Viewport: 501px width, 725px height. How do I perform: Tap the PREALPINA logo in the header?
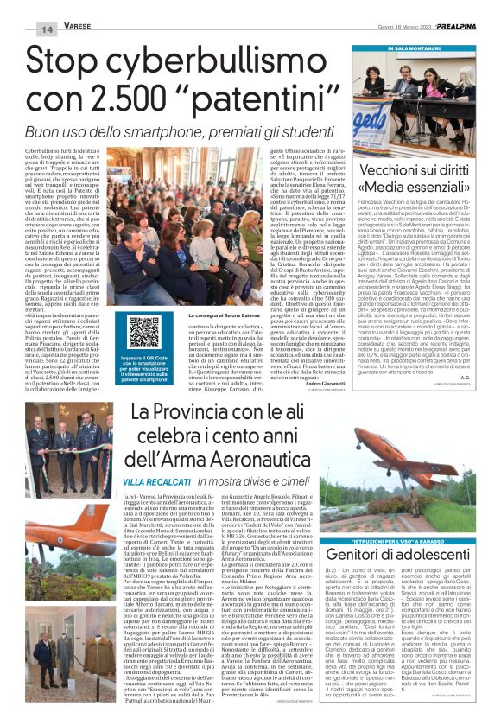pyautogui.click(x=464, y=27)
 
